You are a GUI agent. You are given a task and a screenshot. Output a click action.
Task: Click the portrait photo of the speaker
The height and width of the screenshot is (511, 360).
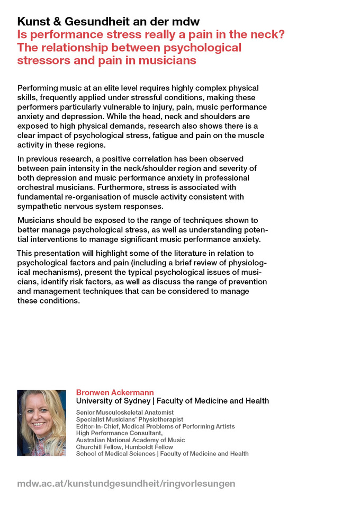click(41, 423)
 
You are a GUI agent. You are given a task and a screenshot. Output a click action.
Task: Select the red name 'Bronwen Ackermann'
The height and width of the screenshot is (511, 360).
click(115, 392)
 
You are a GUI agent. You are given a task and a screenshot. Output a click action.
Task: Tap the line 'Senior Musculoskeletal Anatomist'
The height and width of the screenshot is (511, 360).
click(125, 413)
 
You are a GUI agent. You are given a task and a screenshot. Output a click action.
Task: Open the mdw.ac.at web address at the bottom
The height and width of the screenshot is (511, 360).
click(126, 483)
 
